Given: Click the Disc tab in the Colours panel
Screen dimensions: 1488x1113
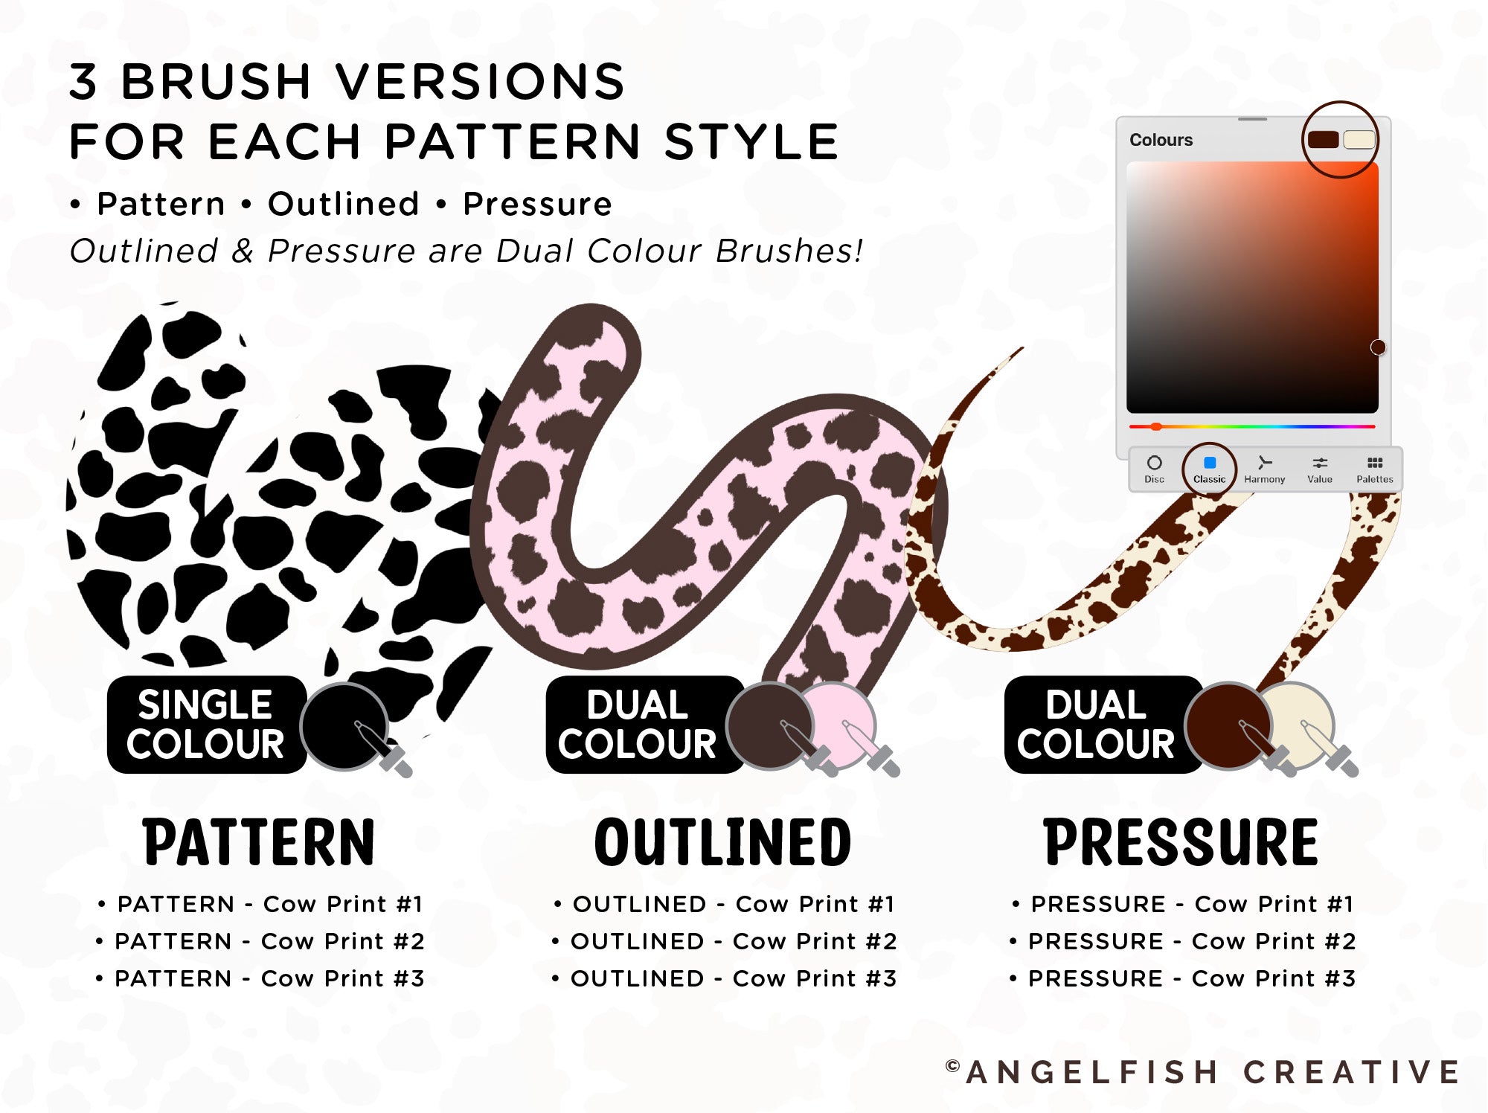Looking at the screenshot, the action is pyautogui.click(x=1154, y=469).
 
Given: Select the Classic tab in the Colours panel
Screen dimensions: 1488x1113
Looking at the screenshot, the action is pyautogui.click(x=1209, y=469).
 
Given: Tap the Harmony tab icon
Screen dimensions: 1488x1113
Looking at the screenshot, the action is pyautogui.click(x=1264, y=463).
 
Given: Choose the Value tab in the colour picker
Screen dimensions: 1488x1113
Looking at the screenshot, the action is pyautogui.click(x=1320, y=469).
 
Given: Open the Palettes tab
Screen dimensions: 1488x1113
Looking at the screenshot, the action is pyautogui.click(x=1374, y=469).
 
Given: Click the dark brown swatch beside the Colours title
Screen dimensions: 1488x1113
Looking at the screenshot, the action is pyautogui.click(x=1323, y=139).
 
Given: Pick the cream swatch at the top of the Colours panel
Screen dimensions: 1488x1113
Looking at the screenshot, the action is pyautogui.click(x=1359, y=139).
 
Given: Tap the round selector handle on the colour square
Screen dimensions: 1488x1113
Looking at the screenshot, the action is pyautogui.click(x=1378, y=347).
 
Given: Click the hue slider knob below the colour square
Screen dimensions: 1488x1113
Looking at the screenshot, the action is pyautogui.click(x=1156, y=426).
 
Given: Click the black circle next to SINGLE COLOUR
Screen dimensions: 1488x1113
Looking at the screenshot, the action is pyautogui.click(x=344, y=726).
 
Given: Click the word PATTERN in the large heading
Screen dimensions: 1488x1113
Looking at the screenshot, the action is pyautogui.click(x=258, y=842).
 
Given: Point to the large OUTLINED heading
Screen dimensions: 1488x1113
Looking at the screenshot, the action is pyautogui.click(x=722, y=842).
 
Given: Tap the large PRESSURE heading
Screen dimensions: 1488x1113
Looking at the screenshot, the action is pyautogui.click(x=1181, y=842).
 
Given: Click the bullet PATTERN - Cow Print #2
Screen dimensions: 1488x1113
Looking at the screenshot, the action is pyautogui.click(x=261, y=941).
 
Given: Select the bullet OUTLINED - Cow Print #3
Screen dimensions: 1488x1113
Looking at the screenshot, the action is pyautogui.click(x=725, y=978).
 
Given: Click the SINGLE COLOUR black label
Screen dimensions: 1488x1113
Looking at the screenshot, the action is pyautogui.click(x=206, y=725).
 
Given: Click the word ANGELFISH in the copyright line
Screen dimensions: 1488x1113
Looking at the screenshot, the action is pyautogui.click(x=1092, y=1072).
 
